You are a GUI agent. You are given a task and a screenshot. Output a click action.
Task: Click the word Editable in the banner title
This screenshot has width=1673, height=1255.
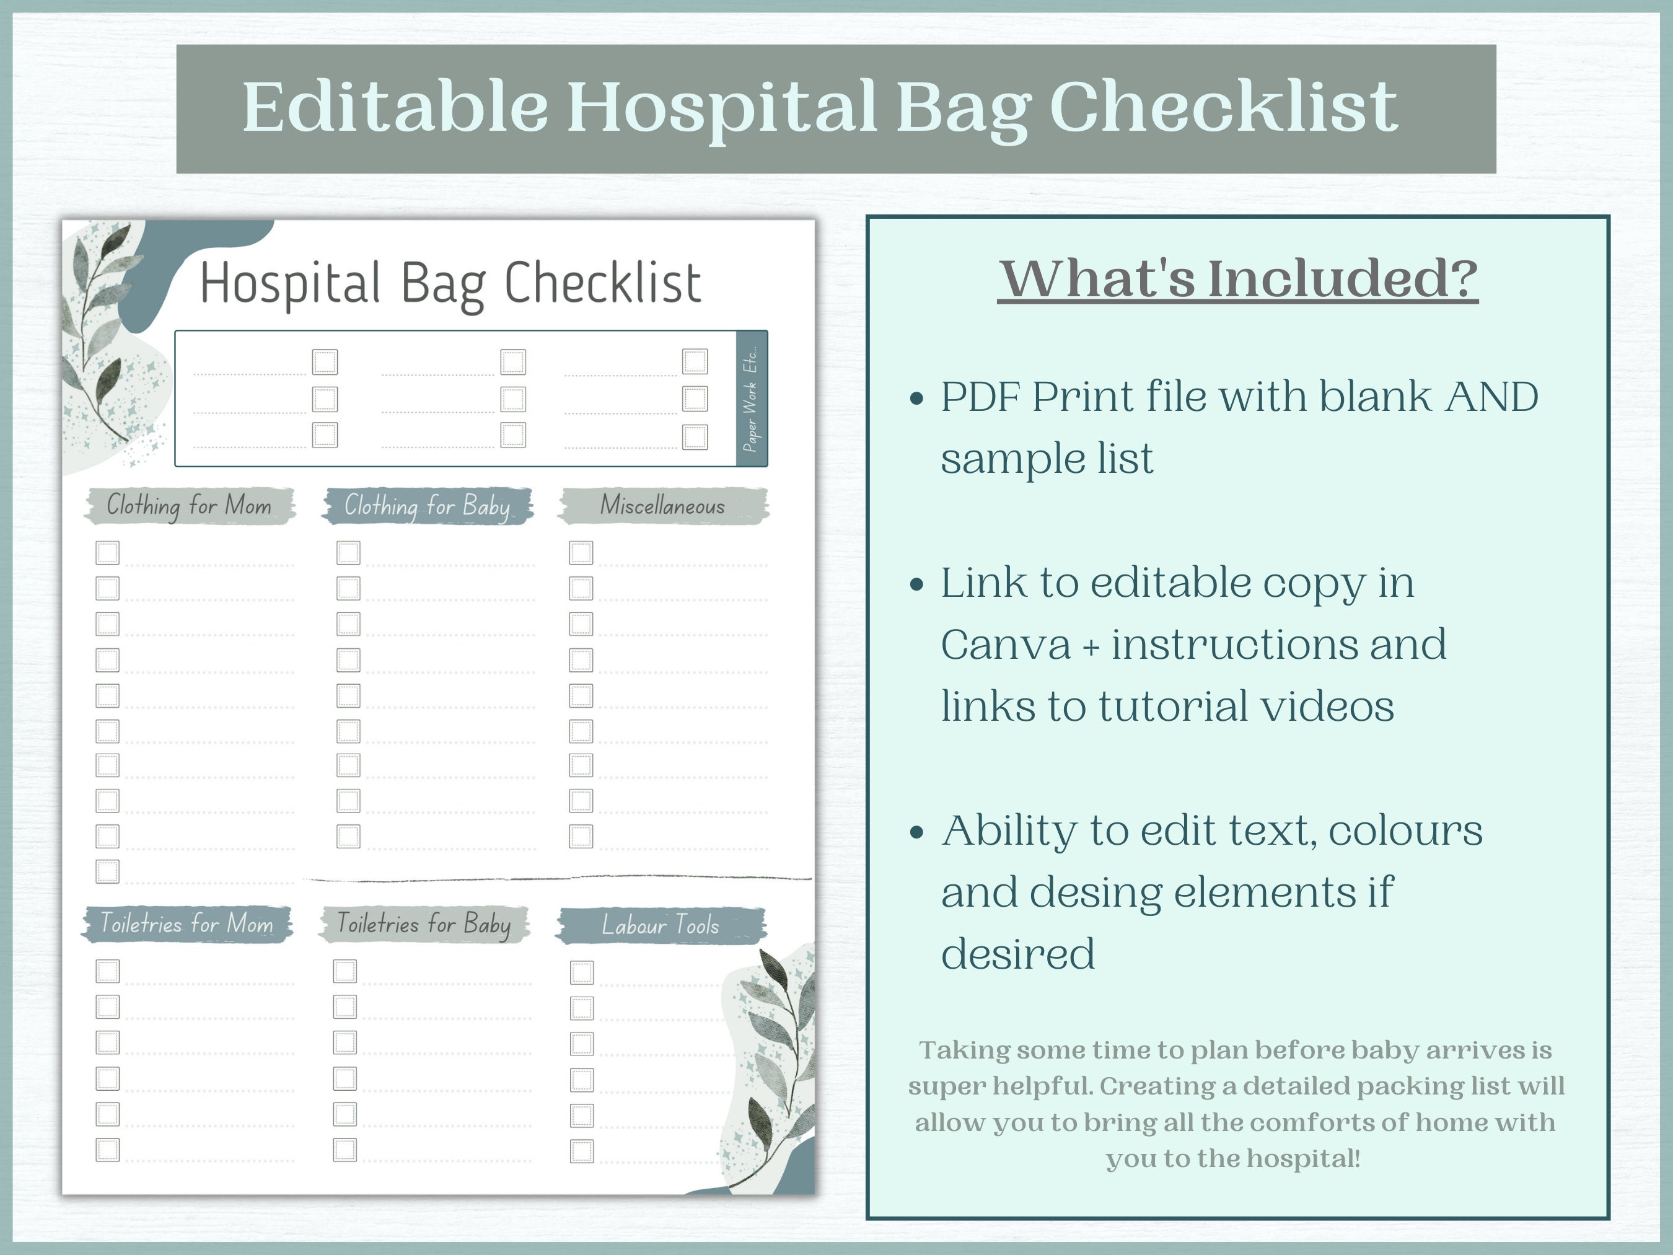click(395, 107)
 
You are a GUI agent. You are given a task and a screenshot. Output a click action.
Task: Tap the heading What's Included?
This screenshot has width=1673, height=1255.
click(1237, 278)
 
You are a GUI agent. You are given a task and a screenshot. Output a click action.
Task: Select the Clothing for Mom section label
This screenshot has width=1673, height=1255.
click(188, 505)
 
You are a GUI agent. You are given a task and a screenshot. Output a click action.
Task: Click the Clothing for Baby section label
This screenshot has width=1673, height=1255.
click(428, 505)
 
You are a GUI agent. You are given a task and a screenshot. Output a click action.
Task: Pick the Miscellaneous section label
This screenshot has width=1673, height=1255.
click(662, 505)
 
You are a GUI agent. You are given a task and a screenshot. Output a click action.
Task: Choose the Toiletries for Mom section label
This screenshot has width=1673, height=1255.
click(187, 923)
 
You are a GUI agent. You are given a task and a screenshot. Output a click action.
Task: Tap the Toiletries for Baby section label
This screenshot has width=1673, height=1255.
click(424, 923)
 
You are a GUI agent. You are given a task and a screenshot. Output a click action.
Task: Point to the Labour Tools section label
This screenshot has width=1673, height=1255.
click(661, 925)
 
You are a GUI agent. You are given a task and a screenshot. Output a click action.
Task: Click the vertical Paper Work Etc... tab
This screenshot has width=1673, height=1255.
click(751, 399)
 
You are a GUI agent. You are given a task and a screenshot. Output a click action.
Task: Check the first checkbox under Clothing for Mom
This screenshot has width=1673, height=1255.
click(107, 552)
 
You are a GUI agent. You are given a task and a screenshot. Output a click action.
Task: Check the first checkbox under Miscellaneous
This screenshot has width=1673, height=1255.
click(581, 552)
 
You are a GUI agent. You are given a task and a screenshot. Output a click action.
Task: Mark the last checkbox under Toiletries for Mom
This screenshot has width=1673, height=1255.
click(107, 1150)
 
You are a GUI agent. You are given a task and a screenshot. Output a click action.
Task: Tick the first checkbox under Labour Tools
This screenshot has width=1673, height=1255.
click(582, 972)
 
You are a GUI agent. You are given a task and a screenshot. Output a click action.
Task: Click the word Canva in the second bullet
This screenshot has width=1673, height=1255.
click(1006, 645)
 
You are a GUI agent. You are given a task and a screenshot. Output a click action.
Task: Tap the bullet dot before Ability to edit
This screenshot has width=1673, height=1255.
click(918, 833)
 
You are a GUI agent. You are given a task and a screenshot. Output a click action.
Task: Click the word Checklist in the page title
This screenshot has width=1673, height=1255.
click(603, 284)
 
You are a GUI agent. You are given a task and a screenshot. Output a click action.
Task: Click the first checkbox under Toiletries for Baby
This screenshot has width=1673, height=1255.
click(345, 971)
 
